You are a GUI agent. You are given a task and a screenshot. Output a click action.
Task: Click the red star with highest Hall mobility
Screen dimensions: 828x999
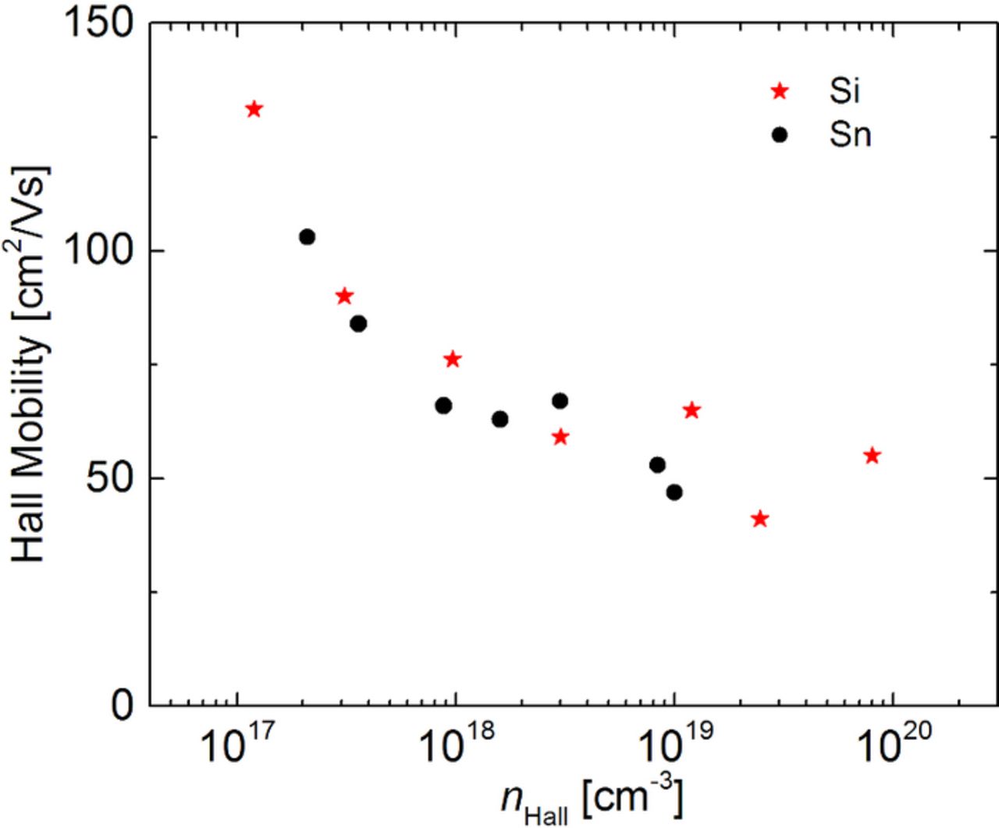tap(254, 109)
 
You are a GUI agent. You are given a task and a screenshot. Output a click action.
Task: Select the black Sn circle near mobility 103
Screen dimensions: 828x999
tap(307, 236)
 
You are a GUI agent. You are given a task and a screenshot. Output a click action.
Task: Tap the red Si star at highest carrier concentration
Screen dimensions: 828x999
tap(873, 456)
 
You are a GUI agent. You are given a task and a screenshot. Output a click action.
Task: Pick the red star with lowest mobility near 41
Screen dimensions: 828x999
tap(760, 519)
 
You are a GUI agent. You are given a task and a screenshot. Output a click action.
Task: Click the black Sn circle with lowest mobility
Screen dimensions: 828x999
tap(674, 492)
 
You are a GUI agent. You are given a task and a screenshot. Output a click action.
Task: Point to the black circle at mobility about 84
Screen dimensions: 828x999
tap(358, 323)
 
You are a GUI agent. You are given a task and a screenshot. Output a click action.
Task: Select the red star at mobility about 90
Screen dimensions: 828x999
tap(344, 297)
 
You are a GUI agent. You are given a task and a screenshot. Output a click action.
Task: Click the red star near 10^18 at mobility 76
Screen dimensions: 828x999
tap(453, 359)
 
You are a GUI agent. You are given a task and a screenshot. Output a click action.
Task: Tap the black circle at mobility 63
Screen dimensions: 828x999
tap(500, 419)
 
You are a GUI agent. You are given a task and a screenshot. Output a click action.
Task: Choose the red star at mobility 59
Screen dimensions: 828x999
tap(560, 437)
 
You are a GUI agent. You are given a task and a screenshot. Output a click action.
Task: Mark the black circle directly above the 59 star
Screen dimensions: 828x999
tap(560, 401)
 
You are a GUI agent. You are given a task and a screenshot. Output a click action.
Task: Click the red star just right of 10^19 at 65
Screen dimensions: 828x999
tap(691, 410)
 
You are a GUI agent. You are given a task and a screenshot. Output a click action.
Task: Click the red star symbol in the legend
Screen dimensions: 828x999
tap(779, 91)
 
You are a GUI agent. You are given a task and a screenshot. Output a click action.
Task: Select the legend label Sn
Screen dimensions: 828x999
tap(850, 135)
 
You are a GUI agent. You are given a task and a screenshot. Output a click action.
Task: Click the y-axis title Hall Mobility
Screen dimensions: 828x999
tap(31, 363)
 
